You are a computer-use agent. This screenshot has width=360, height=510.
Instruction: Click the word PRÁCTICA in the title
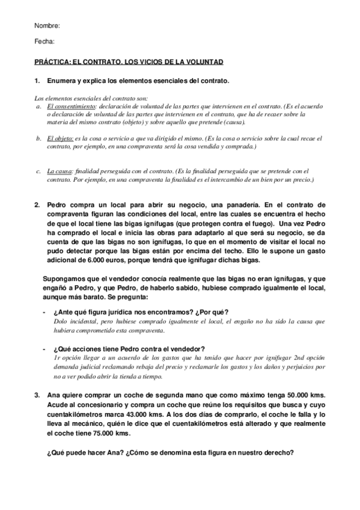(53, 62)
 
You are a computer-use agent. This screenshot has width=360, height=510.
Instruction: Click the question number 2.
(37, 204)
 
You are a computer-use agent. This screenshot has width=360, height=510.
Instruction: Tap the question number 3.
(37, 378)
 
